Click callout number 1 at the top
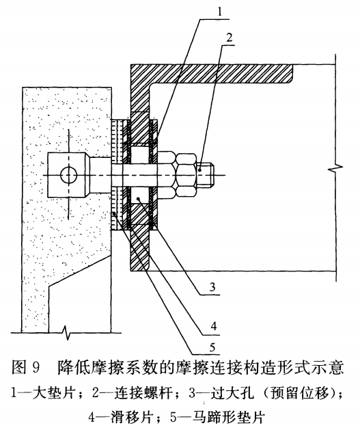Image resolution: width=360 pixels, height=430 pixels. tap(220, 12)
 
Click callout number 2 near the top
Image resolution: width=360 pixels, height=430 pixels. tap(230, 38)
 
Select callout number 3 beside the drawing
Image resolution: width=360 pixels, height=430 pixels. tap(212, 286)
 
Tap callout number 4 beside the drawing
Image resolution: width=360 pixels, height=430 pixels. tap(214, 326)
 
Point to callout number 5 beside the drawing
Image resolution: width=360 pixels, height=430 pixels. tap(212, 347)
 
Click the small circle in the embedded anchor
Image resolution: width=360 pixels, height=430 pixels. tap(69, 175)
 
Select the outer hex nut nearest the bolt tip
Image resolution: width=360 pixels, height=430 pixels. tap(186, 175)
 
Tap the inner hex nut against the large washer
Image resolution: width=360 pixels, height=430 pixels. tap(166, 175)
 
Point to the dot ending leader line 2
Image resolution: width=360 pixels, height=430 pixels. tap(201, 170)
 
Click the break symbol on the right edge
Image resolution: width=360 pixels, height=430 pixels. tap(335, 167)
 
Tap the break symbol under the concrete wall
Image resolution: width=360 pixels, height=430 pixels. tap(66, 332)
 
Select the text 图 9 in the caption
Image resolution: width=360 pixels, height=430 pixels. tap(26, 367)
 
